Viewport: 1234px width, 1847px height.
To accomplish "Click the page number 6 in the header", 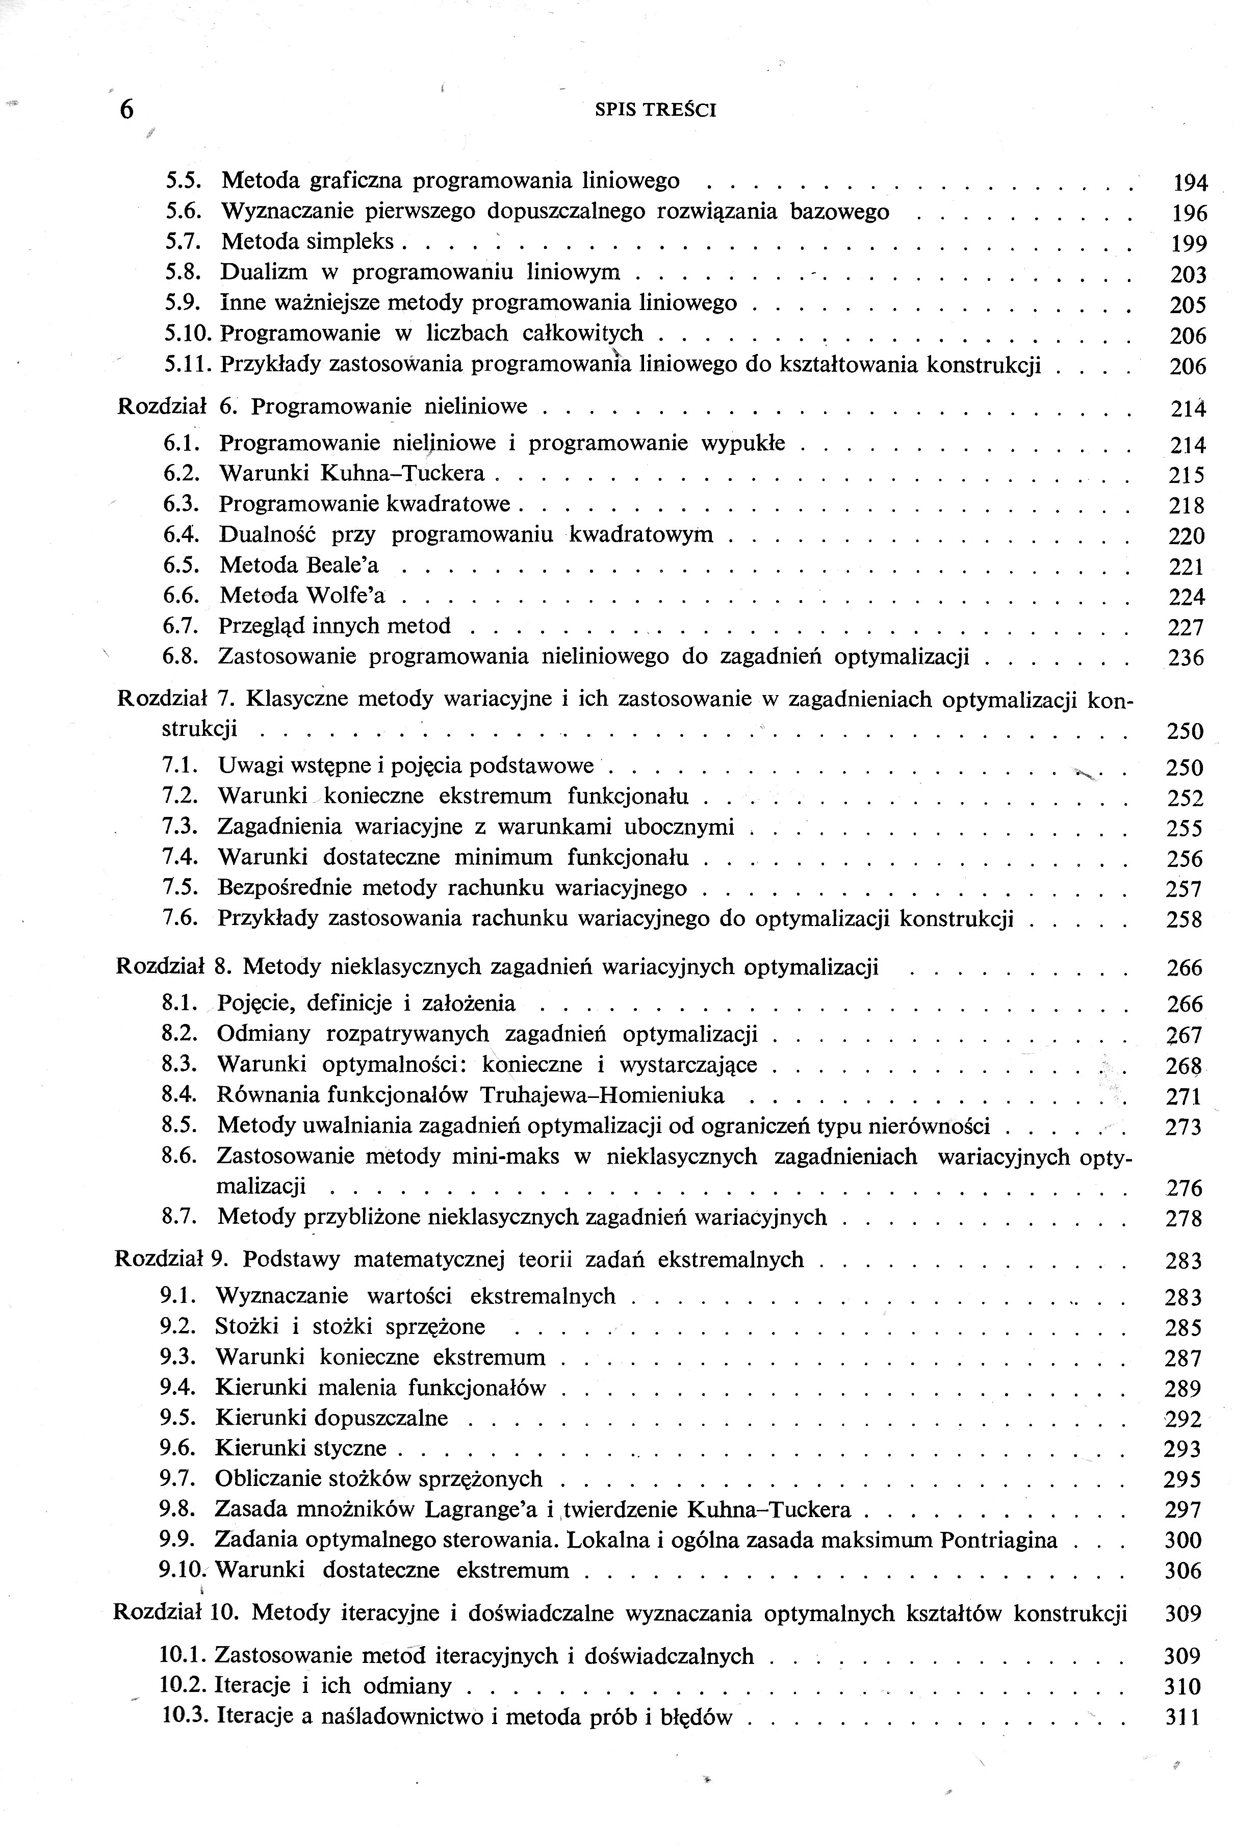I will point(126,110).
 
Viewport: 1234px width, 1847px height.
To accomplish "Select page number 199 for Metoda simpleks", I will point(1188,244).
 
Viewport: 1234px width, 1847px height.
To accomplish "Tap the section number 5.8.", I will point(184,272).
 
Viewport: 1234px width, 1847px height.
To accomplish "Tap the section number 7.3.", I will point(180,827).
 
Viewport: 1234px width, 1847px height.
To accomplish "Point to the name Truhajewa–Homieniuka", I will point(602,1095).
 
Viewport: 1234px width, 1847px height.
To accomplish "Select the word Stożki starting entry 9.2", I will point(246,1327).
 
